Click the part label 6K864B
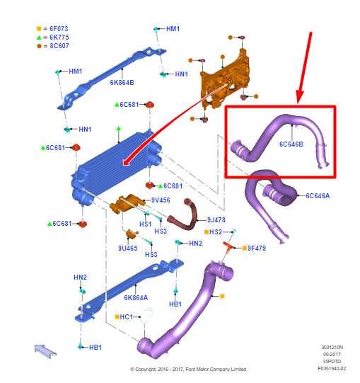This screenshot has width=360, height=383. (122, 82)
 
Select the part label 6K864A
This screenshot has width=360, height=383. (136, 298)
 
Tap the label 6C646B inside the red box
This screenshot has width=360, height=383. (291, 144)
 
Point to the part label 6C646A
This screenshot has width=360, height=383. (318, 196)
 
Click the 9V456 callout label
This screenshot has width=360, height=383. (160, 200)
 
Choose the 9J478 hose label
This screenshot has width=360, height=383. (216, 219)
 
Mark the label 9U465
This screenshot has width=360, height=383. (128, 248)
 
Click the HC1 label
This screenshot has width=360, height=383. (127, 316)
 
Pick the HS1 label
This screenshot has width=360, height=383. (145, 224)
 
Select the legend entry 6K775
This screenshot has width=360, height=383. (57, 38)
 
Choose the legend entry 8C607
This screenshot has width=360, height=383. (57, 46)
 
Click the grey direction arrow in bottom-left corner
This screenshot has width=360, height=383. (45, 348)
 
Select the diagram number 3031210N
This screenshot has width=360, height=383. (333, 348)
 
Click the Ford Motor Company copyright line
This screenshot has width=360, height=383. (187, 369)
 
